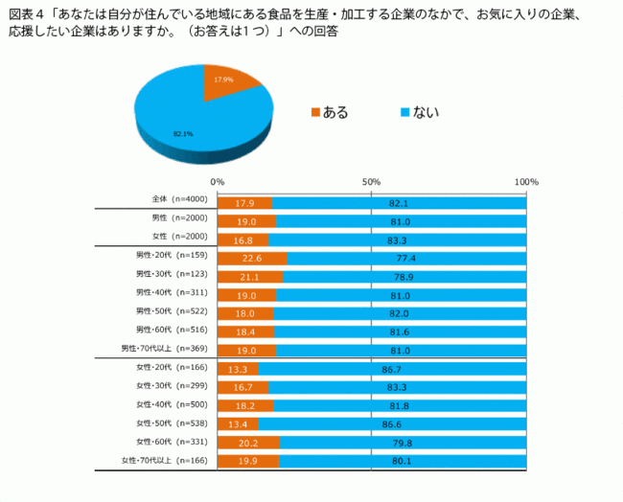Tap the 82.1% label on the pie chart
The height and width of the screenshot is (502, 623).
[x=183, y=134]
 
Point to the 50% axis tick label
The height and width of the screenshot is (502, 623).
[x=372, y=182]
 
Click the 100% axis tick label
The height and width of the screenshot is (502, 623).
[x=526, y=182]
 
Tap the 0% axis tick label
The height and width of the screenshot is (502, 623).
[x=218, y=182]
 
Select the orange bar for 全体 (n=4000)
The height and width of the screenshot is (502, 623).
[x=244, y=203]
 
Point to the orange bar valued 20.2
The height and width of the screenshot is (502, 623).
[x=248, y=443]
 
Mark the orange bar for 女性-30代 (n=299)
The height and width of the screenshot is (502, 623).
[x=242, y=387]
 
